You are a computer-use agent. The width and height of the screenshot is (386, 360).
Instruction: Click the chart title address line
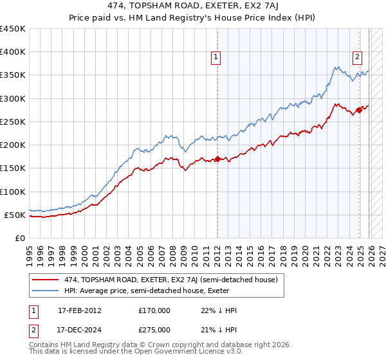pyautogui.click(x=192, y=7)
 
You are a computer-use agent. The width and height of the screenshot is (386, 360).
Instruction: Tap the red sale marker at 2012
pyautogui.click(x=217, y=159)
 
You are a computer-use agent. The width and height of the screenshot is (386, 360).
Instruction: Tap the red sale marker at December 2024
pyautogui.click(x=359, y=111)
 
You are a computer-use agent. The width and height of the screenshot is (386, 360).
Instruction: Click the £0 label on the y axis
pyautogui.click(x=19, y=238)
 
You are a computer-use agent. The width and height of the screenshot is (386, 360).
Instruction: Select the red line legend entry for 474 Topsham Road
pyautogui.click(x=170, y=280)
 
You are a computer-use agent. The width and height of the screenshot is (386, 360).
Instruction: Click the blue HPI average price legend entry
pyautogui.click(x=154, y=291)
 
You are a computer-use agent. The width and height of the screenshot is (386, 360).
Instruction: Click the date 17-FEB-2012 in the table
pyautogui.click(x=79, y=310)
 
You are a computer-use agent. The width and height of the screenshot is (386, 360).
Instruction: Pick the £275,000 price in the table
pyautogui.click(x=154, y=330)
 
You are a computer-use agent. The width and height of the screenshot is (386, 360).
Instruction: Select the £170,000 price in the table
pyautogui.click(x=154, y=310)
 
